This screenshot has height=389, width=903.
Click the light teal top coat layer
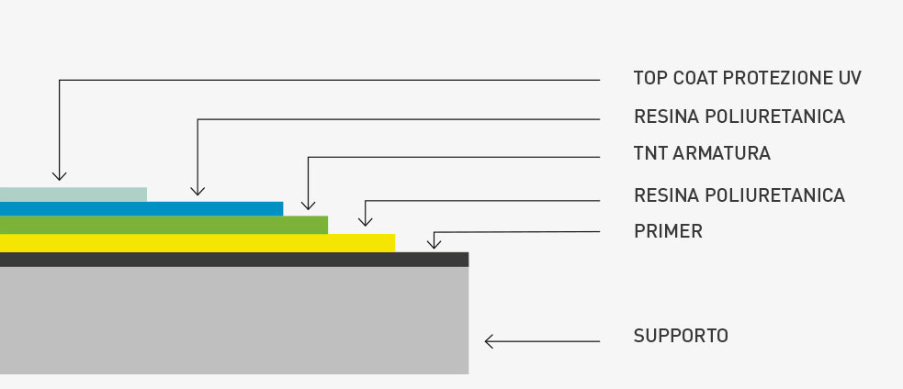click(x=73, y=194)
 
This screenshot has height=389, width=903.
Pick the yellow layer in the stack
click(x=198, y=243)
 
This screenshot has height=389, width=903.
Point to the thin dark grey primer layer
click(x=234, y=260)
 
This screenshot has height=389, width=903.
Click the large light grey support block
click(x=234, y=320)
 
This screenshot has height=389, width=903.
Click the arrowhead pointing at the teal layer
click(x=60, y=174)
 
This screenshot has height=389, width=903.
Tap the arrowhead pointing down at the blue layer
click(x=198, y=190)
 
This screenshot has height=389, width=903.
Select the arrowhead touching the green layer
click(x=309, y=205)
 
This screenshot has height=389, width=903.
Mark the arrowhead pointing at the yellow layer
click(x=366, y=220)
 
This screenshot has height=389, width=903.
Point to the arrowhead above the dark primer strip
click(x=435, y=243)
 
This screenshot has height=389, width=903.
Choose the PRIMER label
click(x=668, y=231)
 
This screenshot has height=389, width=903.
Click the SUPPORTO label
click(x=681, y=336)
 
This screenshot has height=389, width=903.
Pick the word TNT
click(x=650, y=153)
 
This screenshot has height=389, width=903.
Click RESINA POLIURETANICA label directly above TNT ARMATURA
click(x=739, y=117)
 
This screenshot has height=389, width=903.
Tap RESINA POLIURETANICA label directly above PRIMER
click(x=739, y=195)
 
